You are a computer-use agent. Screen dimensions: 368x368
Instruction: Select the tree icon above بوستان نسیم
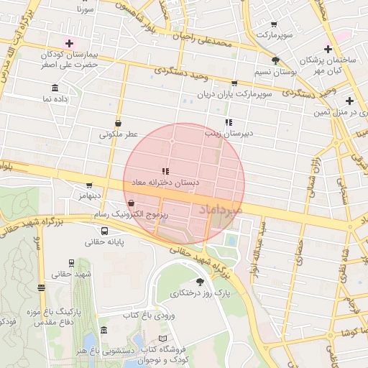[276, 61]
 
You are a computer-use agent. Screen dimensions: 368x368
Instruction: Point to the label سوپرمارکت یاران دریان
[236, 94]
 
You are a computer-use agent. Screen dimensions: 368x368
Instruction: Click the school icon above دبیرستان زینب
[229, 122]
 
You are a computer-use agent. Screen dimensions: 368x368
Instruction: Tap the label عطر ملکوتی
[118, 134]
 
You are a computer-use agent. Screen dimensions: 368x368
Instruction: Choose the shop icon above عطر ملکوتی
[118, 123]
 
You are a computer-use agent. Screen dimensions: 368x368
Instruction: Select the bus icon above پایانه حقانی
[105, 231]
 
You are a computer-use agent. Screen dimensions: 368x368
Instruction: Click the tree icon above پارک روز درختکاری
[200, 282]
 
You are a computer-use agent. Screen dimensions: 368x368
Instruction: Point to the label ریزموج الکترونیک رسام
[131, 215]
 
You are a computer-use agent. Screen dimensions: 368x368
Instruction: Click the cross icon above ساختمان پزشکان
[328, 49]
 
